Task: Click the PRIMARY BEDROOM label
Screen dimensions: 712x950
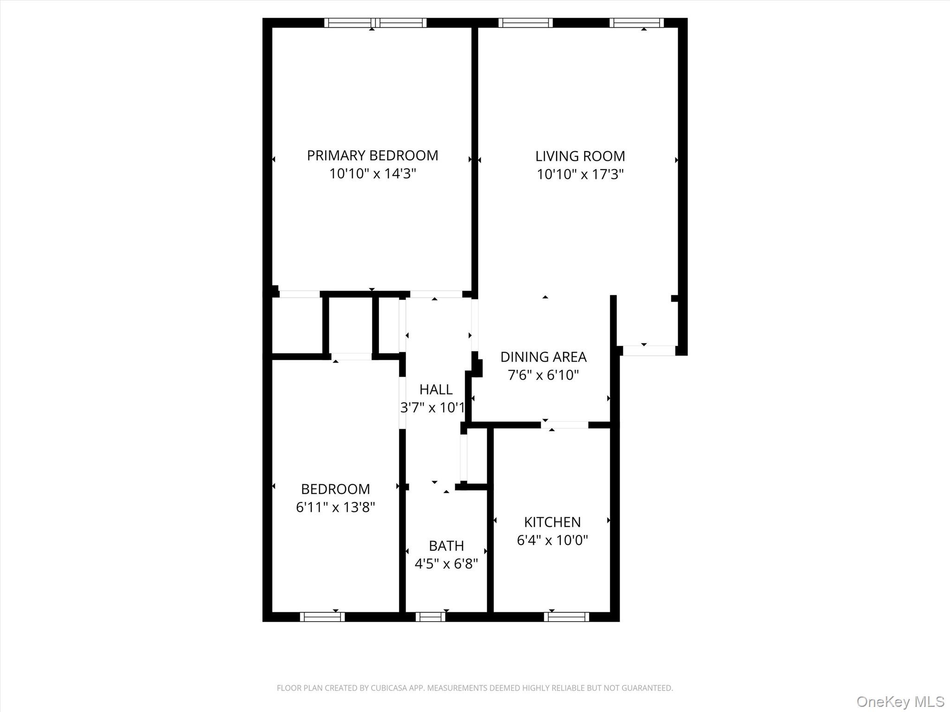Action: pyautogui.click(x=372, y=156)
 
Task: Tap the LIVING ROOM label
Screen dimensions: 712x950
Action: pyautogui.click(x=580, y=157)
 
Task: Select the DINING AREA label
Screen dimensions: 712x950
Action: pyautogui.click(x=543, y=357)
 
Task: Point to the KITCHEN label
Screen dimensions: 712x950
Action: pyautogui.click(x=552, y=522)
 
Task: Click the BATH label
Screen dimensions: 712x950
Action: pyautogui.click(x=446, y=546)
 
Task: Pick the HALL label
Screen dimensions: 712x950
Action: pyautogui.click(x=436, y=390)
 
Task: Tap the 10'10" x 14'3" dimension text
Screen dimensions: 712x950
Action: pyautogui.click(x=372, y=174)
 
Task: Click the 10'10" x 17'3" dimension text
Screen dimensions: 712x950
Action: pyautogui.click(x=580, y=175)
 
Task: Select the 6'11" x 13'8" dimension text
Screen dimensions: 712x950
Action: pyautogui.click(x=335, y=508)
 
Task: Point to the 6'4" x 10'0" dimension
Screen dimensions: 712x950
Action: pyautogui.click(x=552, y=540)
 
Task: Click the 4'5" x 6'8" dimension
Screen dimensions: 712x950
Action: pyautogui.click(x=446, y=564)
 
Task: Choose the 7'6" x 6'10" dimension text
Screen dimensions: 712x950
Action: pyautogui.click(x=543, y=375)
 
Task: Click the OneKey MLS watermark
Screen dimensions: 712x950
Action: pyautogui.click(x=900, y=701)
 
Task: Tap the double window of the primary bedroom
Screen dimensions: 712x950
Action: pyautogui.click(x=375, y=23)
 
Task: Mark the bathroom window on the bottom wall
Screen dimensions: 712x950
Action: pyautogui.click(x=430, y=617)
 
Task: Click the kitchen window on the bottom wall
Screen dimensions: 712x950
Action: pyautogui.click(x=566, y=617)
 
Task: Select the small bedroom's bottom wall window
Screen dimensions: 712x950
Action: pyautogui.click(x=322, y=617)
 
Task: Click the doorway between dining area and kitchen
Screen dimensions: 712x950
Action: pyautogui.click(x=565, y=425)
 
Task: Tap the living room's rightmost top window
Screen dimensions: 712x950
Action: pyautogui.click(x=636, y=23)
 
